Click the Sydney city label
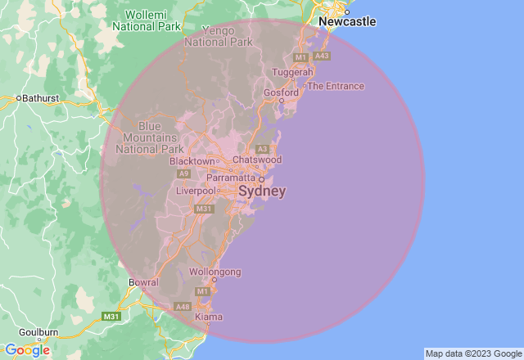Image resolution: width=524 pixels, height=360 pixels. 262,191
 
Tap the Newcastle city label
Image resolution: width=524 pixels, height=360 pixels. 347,21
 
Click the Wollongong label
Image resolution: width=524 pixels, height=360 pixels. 215,271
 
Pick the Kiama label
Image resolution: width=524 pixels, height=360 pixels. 209,317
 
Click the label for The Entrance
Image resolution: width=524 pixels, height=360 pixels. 335,86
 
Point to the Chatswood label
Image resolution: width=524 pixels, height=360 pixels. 257,160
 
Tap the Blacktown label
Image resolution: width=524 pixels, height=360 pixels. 192,161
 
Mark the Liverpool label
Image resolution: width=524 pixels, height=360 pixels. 196,191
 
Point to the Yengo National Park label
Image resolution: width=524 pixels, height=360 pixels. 219,35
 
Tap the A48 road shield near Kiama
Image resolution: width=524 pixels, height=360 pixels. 183,306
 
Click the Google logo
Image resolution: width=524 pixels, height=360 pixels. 27,350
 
